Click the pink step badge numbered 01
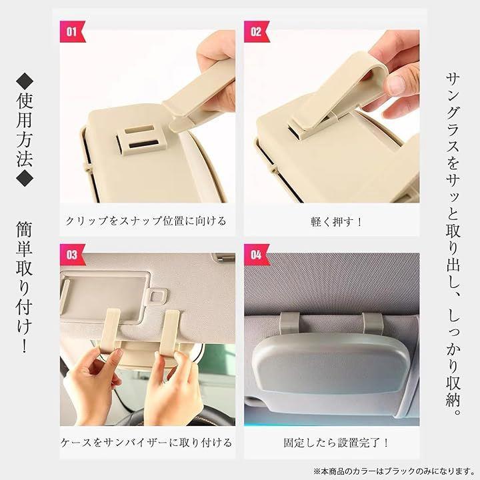click(72, 31)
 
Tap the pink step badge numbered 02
click(256, 31)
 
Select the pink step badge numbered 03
click(72, 255)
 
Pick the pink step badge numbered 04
click(256, 255)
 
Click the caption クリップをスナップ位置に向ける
click(146, 221)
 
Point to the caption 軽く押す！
click(336, 221)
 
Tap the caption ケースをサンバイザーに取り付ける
click(146, 443)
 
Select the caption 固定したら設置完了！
click(336, 443)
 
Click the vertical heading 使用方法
click(25, 131)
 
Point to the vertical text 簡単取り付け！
click(25, 288)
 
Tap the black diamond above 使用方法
click(25, 82)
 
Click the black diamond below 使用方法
click(25, 178)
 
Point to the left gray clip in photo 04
click(289, 323)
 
